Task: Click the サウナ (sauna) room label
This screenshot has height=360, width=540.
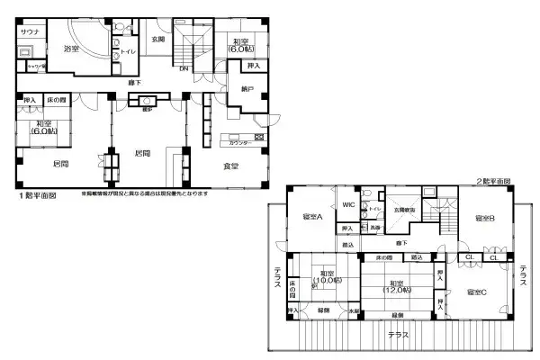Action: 30,31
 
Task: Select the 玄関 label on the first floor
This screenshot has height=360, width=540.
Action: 157,40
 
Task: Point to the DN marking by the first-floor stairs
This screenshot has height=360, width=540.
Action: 184,69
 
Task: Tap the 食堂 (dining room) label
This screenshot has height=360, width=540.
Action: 230,166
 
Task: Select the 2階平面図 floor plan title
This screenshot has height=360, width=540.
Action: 494,181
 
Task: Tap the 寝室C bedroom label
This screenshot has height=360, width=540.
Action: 477,292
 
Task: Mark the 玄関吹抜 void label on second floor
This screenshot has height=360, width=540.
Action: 403,210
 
